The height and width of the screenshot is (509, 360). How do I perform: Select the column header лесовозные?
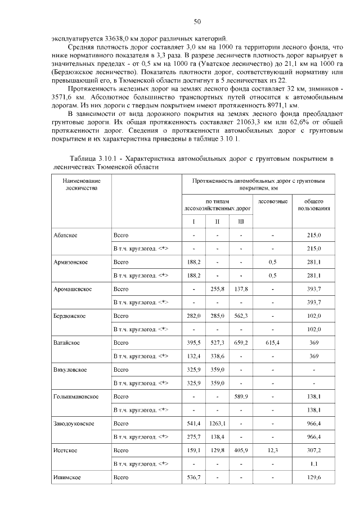(273, 201)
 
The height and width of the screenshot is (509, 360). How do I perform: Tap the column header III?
(241, 222)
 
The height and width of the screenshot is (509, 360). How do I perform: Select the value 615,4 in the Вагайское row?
(272, 342)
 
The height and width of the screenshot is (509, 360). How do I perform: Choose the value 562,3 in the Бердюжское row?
(241, 316)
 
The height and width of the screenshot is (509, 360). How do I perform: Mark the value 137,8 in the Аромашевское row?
(241, 289)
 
